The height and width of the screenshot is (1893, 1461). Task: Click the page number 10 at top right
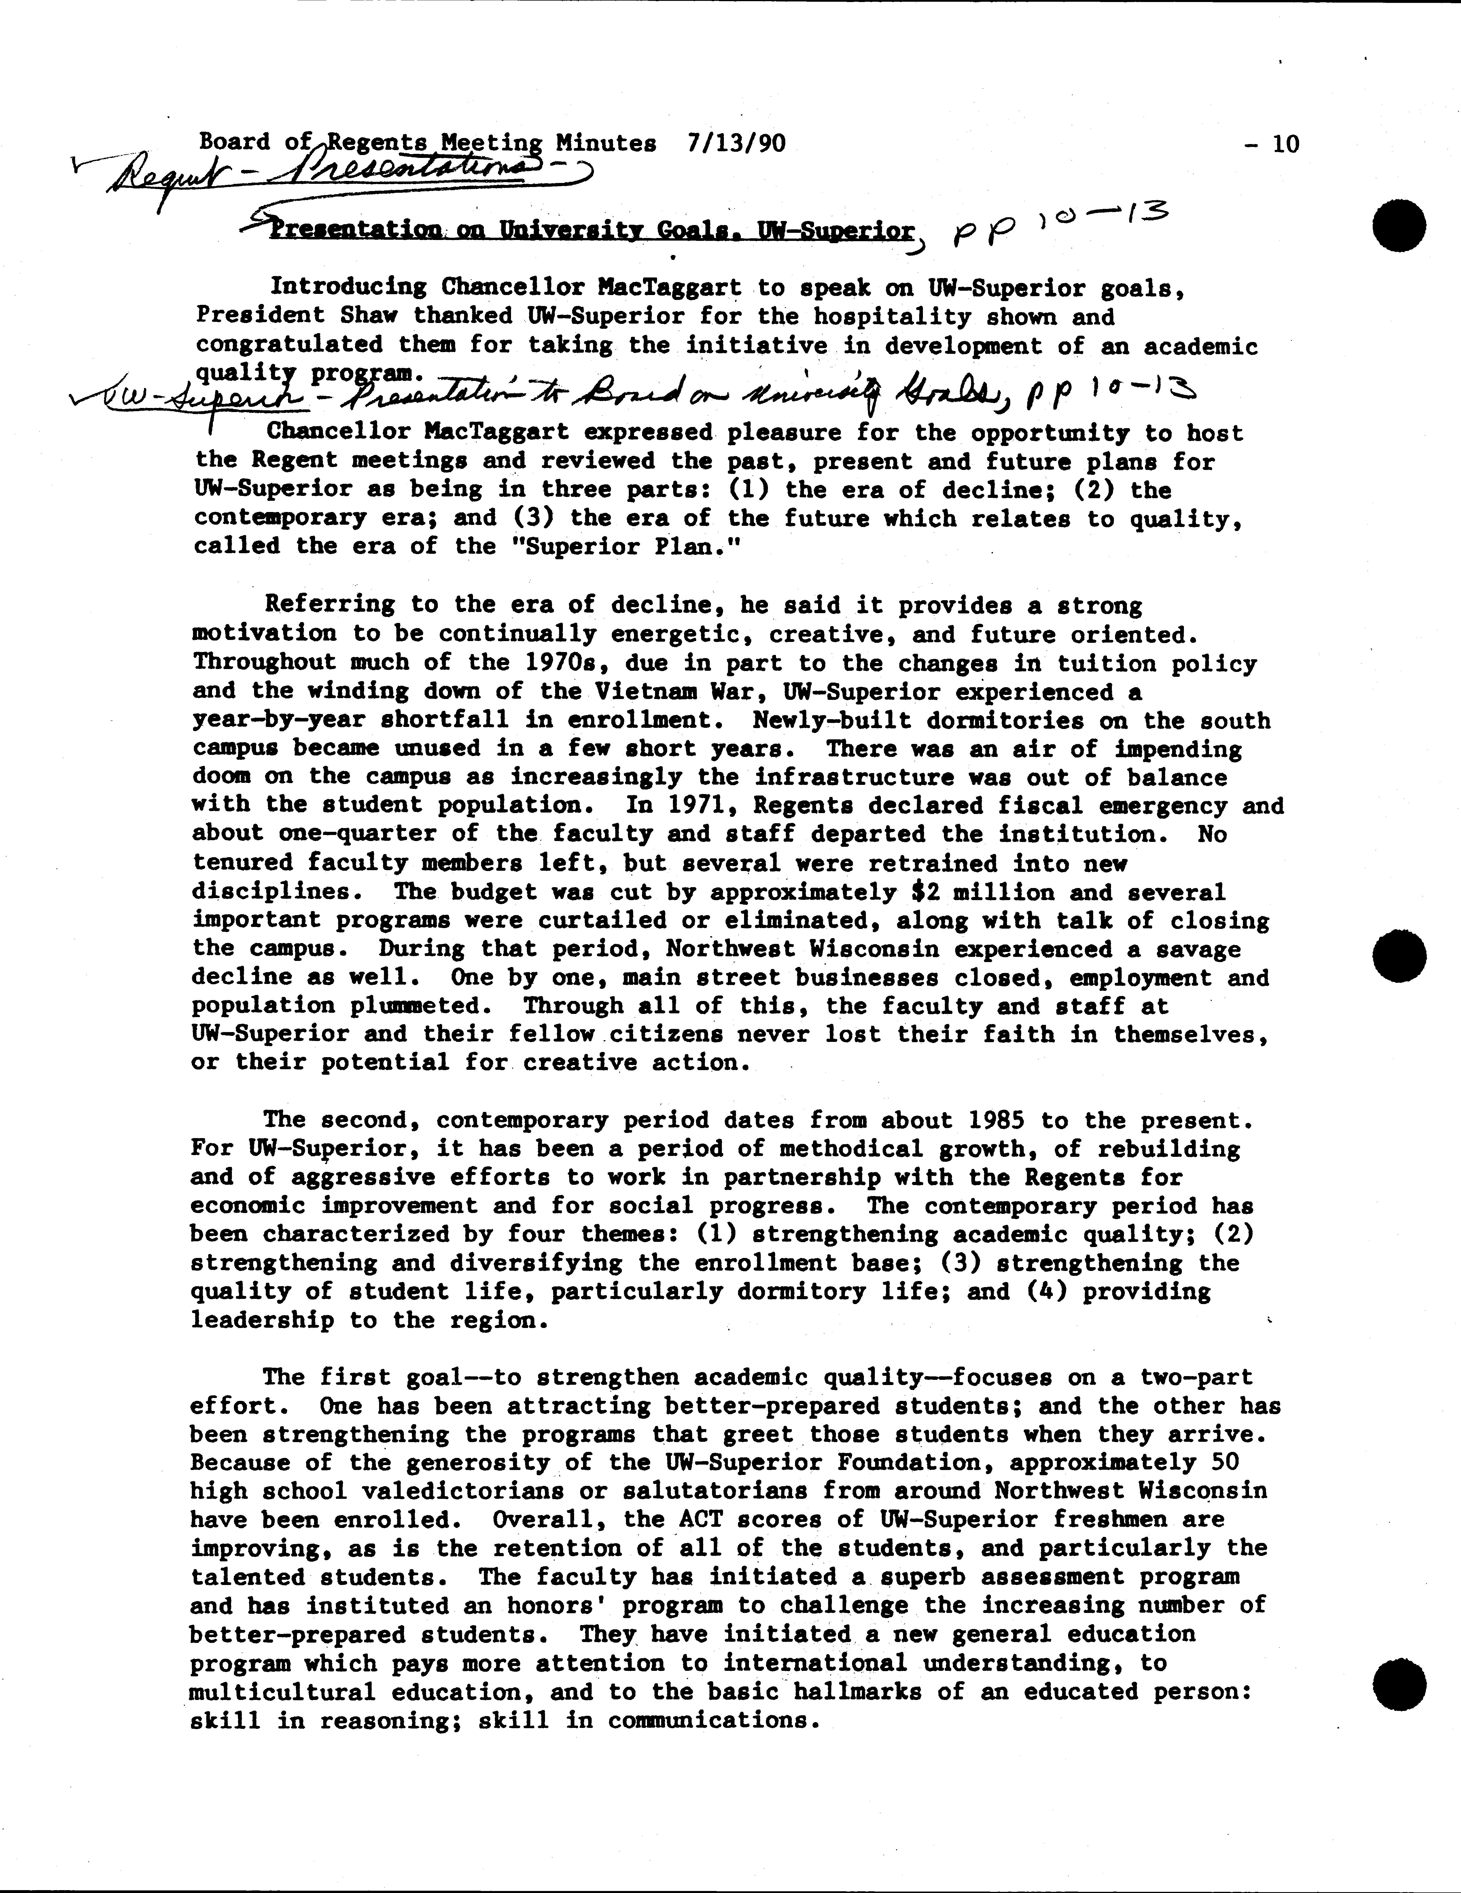(x=1286, y=144)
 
